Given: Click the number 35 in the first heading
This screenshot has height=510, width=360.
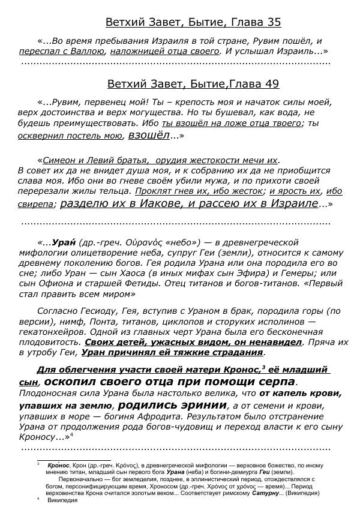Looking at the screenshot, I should click(272, 23).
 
